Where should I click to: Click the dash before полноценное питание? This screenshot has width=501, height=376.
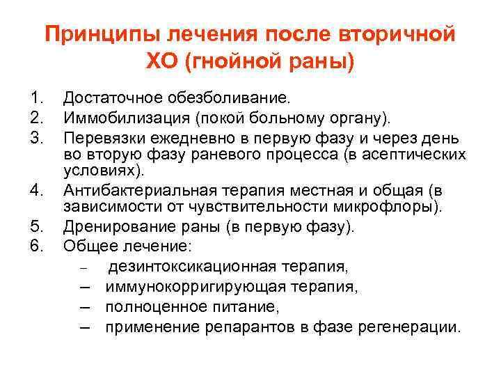click(x=85, y=306)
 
